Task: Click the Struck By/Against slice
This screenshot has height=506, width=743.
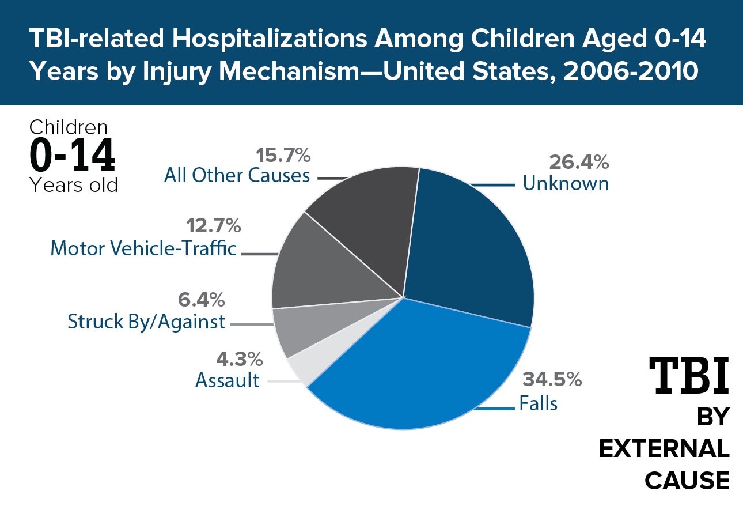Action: click(311, 328)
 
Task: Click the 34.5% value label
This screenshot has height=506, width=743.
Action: click(552, 380)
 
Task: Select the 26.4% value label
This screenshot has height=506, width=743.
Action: click(579, 163)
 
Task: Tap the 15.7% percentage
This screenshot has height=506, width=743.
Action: click(282, 155)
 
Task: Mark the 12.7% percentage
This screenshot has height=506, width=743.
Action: click(213, 226)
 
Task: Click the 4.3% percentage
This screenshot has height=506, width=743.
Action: click(239, 359)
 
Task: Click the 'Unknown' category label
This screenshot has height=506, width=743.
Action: click(566, 184)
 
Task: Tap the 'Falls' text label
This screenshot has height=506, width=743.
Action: click(539, 403)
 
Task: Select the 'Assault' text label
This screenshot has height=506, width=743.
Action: click(228, 380)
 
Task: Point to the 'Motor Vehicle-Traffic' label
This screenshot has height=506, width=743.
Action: click(143, 248)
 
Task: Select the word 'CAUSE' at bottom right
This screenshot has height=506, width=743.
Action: click(687, 480)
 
